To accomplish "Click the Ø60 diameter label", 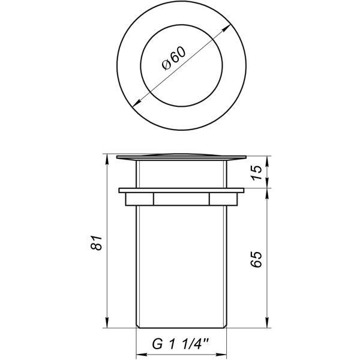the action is pyautogui.click(x=173, y=59).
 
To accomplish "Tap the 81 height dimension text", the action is pyautogui.click(x=96, y=242).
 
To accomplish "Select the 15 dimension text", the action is pyautogui.click(x=256, y=172).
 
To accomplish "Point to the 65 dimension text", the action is pyautogui.click(x=256, y=259).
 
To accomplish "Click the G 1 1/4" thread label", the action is pyautogui.click(x=181, y=344).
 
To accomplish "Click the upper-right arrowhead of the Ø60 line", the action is pyautogui.click(x=227, y=28).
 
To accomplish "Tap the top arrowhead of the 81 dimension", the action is pyautogui.click(x=107, y=159).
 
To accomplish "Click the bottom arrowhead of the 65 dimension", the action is pyautogui.click(x=267, y=322).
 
